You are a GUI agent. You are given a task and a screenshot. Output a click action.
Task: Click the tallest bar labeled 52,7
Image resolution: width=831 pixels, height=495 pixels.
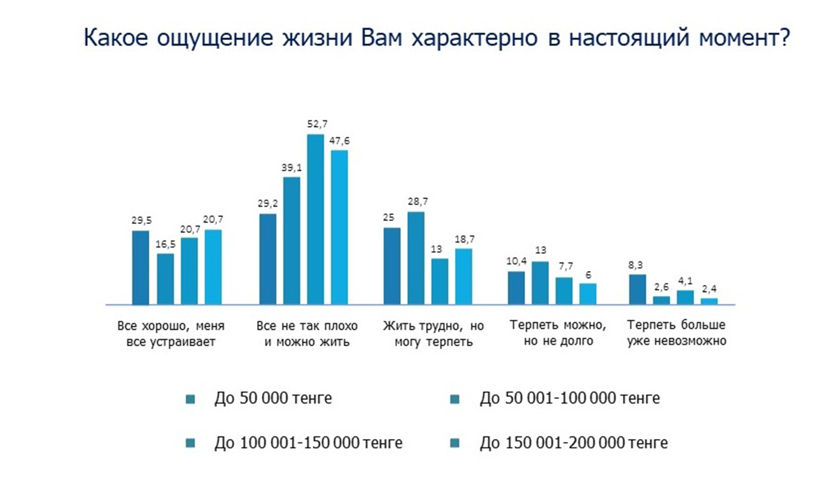click(x=316, y=220)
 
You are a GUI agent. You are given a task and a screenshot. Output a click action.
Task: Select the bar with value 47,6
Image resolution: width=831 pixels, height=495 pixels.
click(x=340, y=227)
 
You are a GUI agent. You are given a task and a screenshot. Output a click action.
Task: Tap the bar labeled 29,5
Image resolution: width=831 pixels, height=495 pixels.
click(x=141, y=267)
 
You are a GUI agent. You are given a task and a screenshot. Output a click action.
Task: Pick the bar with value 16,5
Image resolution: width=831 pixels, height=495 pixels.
click(x=165, y=279)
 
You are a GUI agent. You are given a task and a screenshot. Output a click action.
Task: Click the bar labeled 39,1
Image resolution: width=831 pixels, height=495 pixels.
click(x=291, y=241)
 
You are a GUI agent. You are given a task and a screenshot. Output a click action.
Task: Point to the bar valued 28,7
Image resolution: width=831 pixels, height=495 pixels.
click(x=416, y=258)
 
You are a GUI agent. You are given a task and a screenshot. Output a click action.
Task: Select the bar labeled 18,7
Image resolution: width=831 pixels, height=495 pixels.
click(x=464, y=276)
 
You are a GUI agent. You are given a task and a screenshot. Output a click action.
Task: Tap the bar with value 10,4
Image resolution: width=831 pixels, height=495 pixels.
click(x=516, y=288)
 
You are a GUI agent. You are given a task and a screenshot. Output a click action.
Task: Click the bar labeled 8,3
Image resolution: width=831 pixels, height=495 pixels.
click(x=637, y=289)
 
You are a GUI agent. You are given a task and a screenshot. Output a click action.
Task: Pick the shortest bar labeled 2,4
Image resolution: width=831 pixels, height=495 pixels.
click(x=709, y=301)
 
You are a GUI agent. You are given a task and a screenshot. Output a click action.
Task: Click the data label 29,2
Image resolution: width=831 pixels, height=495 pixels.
click(x=267, y=205)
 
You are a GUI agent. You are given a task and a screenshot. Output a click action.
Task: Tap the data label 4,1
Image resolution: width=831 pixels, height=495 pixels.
click(x=685, y=281)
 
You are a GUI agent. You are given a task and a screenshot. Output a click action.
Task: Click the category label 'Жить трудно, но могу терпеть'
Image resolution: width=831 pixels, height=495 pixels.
click(x=433, y=334)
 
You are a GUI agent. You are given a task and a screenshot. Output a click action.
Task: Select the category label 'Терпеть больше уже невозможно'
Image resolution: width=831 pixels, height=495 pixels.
click(x=676, y=333)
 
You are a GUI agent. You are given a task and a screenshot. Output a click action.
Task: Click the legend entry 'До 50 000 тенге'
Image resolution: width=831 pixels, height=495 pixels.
click(x=273, y=399)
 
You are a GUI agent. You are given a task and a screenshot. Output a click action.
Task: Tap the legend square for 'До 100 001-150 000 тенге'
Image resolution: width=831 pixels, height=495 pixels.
click(x=190, y=443)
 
